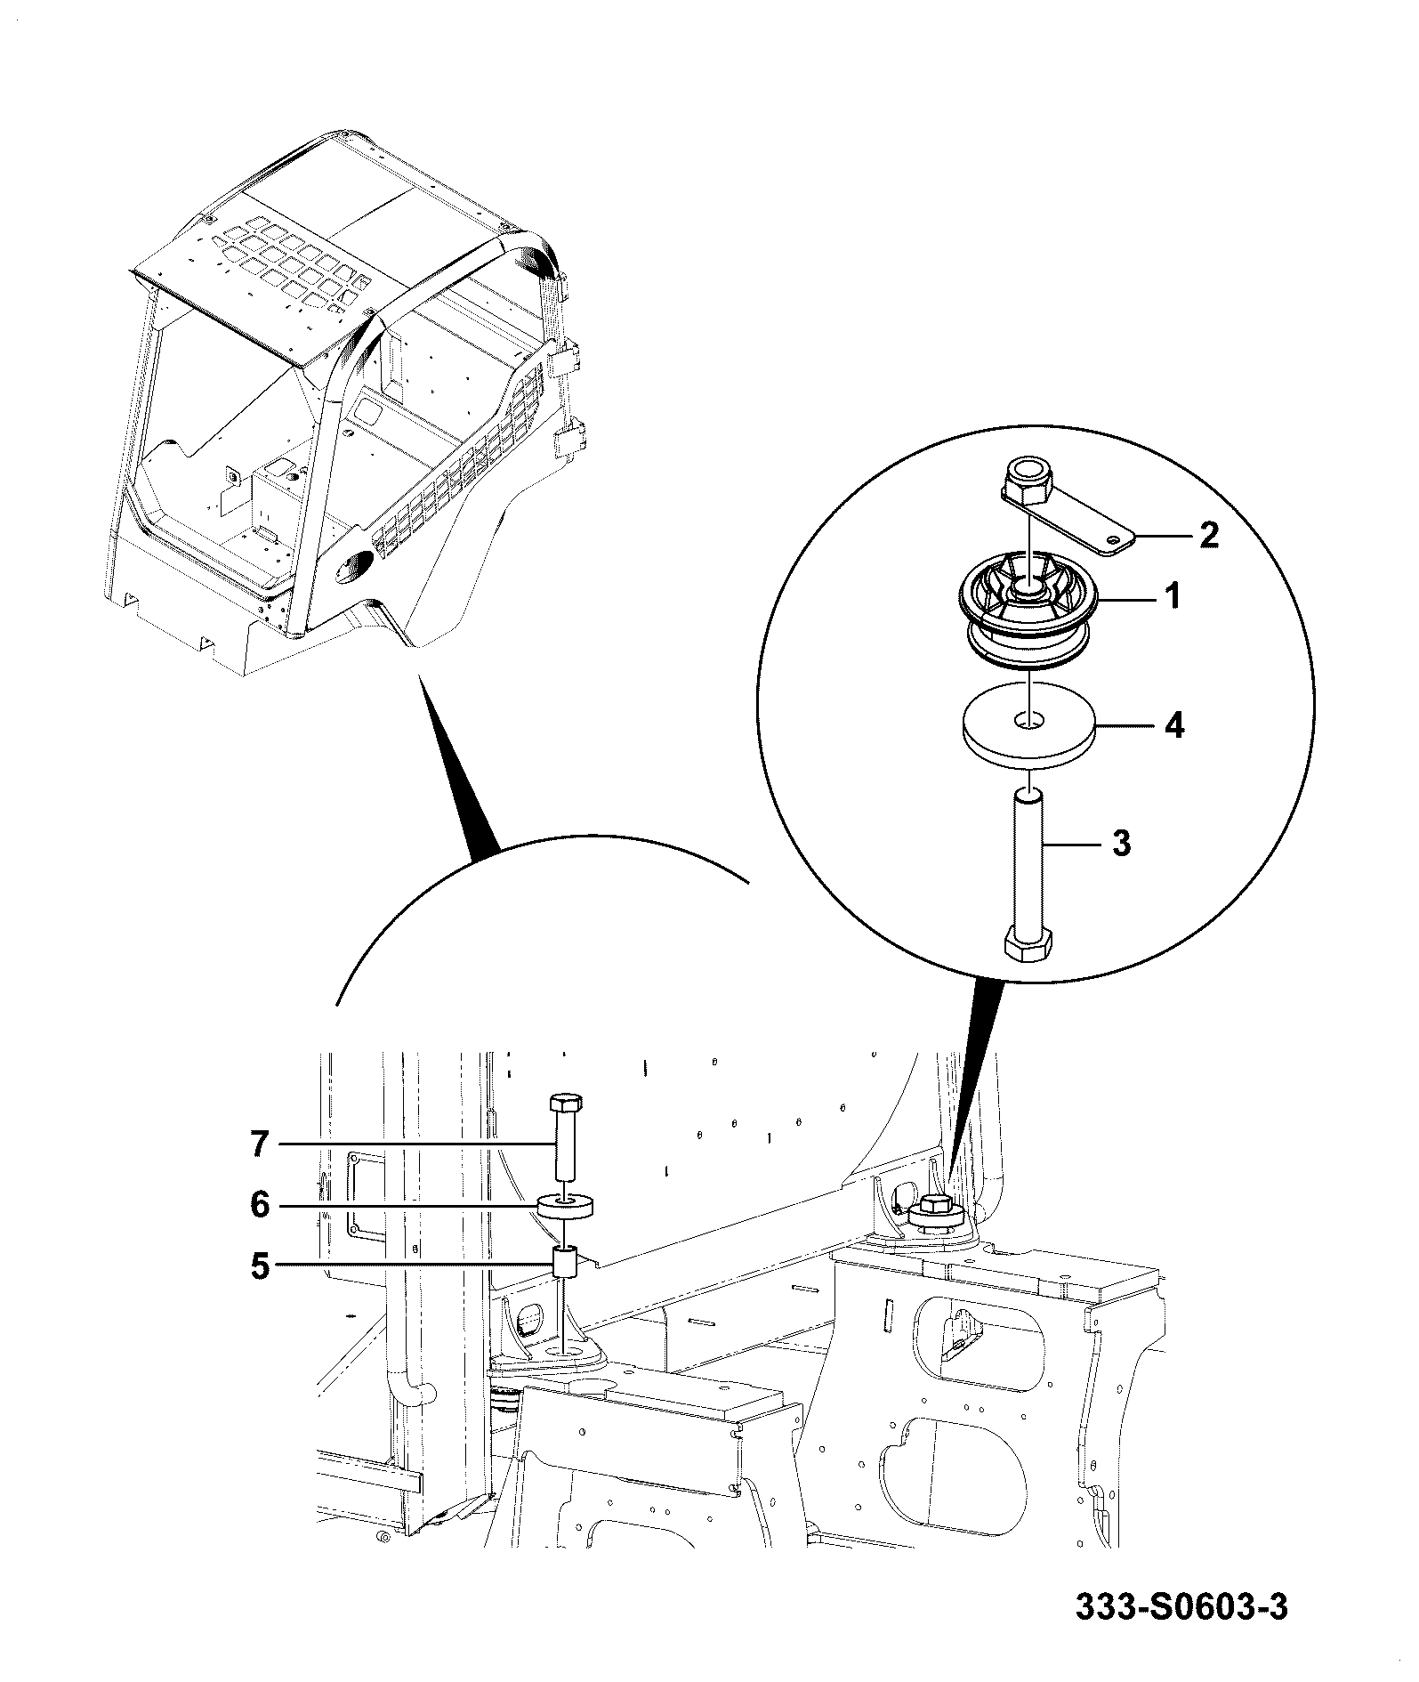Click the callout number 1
tap(1173, 596)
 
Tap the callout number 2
tap(1209, 535)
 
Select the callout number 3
tap(1122, 842)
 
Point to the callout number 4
tap(1174, 726)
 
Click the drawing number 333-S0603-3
tap(1181, 1607)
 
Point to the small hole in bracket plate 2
tap(1113, 538)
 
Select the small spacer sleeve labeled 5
tap(567, 1261)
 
